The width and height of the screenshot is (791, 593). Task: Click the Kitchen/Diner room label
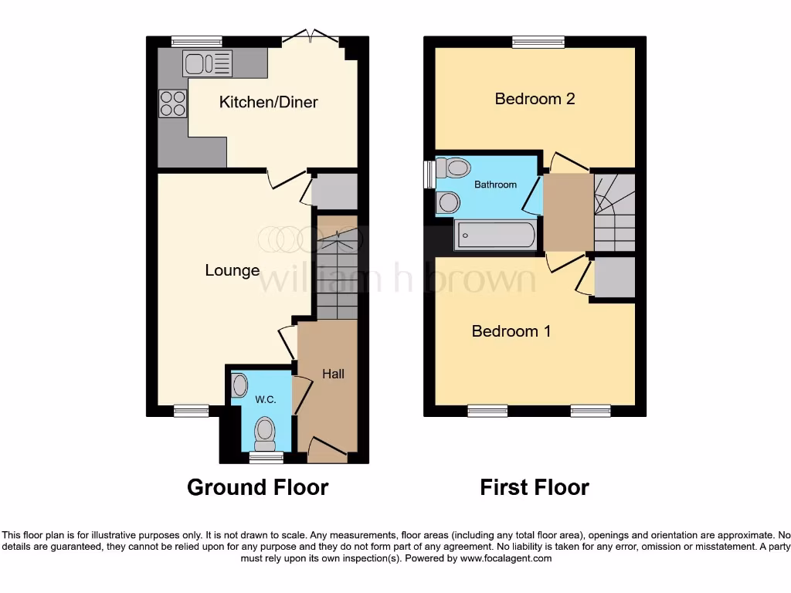268,102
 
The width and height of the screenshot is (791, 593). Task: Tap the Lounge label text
232,270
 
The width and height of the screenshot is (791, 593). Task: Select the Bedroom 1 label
511,331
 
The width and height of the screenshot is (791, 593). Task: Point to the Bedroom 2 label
535,99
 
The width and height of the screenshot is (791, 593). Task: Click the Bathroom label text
495,185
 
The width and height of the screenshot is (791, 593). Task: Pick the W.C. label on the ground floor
266,399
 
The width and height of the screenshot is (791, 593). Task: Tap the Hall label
333,374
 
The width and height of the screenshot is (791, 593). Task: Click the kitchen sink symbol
207,63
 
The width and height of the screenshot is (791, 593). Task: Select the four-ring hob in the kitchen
172,103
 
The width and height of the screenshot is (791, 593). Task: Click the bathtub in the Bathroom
495,235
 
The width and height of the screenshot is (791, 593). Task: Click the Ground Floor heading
257,487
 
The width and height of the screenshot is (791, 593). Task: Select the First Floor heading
534,487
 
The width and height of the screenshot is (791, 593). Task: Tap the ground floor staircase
336,274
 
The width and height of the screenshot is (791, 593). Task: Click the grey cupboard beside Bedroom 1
615,277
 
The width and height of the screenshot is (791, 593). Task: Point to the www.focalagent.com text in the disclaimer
505,558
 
